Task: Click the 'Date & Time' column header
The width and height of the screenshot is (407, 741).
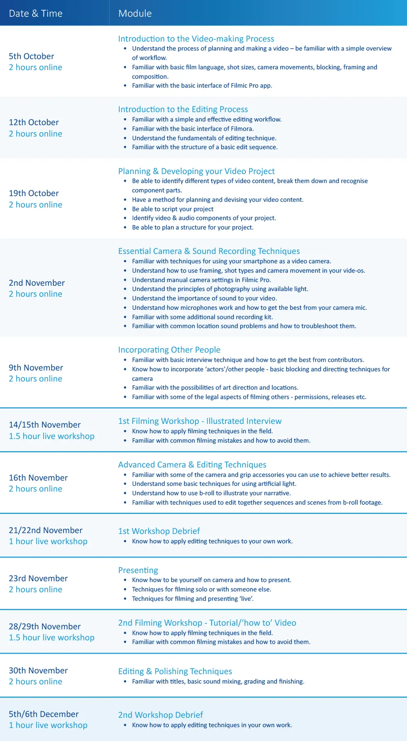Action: [36, 13]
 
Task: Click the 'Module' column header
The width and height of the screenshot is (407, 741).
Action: [135, 13]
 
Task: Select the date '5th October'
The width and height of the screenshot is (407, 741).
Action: [31, 56]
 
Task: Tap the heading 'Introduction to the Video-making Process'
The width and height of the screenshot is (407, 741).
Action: [196, 39]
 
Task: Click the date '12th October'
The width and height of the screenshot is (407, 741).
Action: [34, 122]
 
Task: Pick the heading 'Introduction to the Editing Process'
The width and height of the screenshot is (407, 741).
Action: [183, 109]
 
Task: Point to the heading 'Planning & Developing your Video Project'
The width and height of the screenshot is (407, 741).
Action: [196, 171]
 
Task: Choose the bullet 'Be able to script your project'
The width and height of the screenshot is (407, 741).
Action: [173, 209]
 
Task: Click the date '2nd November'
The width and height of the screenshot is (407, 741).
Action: [37, 283]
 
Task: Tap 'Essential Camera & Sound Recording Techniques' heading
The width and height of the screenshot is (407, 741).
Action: [209, 251]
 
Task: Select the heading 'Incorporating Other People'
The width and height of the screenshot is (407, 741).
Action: [169, 350]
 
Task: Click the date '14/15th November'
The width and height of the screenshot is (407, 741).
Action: [45, 425]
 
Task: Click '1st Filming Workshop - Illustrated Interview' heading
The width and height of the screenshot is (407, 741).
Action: [199, 421]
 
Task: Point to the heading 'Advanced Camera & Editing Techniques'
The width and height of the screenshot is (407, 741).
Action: [192, 465]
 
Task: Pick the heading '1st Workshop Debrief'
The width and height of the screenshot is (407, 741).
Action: [159, 531]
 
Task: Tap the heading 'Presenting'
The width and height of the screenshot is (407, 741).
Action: [138, 570]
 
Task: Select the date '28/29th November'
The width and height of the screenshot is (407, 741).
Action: [45, 626]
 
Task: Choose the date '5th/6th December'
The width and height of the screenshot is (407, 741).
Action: [44, 714]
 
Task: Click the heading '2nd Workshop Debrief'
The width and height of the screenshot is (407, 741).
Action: [160, 715]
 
